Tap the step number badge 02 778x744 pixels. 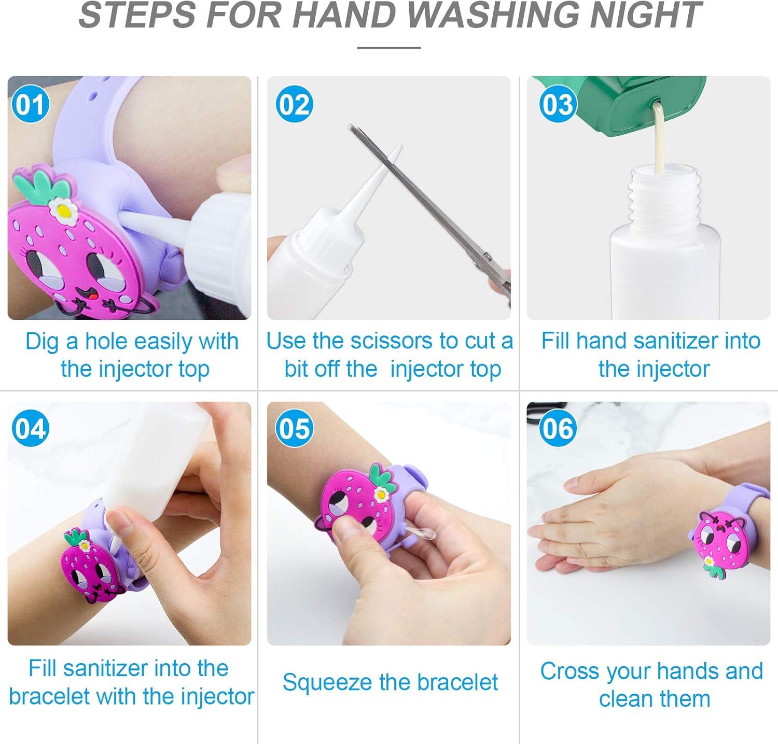coord(294,105)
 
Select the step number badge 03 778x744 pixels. coord(558,105)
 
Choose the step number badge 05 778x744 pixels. coord(294,429)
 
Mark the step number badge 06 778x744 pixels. coord(558,429)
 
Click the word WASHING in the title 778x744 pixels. coord(484,16)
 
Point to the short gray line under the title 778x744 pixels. coord(388,48)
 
